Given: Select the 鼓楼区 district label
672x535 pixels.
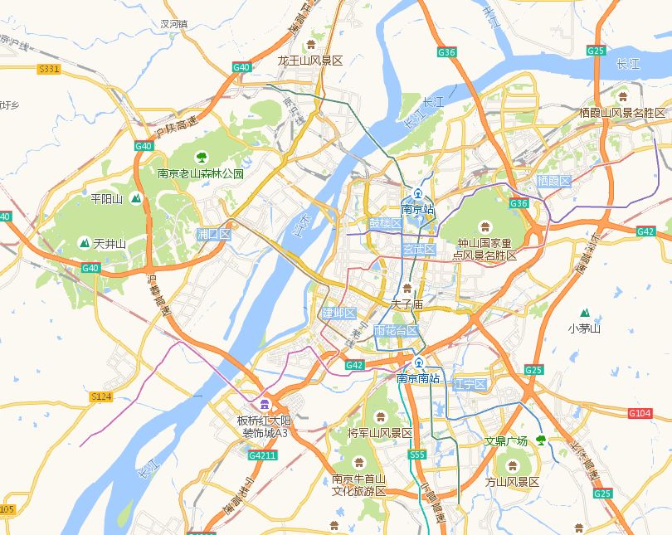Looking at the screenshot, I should (x=385, y=224).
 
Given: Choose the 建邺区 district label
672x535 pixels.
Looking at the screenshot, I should (x=338, y=314).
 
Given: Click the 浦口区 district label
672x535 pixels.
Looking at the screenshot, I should (x=213, y=235).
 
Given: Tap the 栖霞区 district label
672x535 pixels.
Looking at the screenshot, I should (x=553, y=181).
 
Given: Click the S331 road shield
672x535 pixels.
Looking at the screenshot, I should (x=49, y=69).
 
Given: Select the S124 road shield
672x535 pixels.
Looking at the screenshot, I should (x=100, y=397).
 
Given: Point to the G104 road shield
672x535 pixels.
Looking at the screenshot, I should (x=640, y=413).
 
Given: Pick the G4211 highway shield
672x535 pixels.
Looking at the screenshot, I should (x=262, y=455).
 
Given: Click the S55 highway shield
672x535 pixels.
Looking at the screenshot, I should (x=416, y=455).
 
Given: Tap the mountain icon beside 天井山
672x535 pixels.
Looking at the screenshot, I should (x=83, y=243).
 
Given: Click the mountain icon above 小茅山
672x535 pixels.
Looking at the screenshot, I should (x=585, y=313).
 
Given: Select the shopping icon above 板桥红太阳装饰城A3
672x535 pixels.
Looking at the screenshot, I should (x=264, y=404).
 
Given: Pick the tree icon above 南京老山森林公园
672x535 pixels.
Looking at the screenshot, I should (x=201, y=157).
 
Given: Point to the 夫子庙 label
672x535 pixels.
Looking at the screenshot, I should (x=407, y=304).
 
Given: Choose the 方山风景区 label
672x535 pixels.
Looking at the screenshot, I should (x=512, y=482).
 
